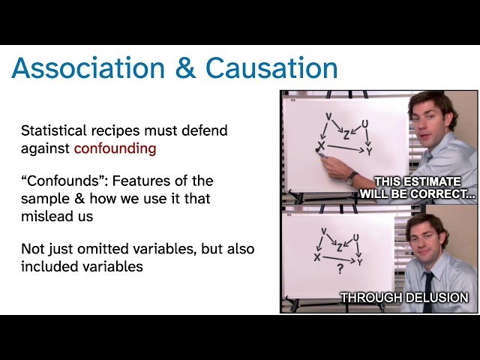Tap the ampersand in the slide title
186,68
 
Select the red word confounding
115,148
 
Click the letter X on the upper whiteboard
321,145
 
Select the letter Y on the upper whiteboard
368,151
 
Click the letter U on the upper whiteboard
365,123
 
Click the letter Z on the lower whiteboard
340,247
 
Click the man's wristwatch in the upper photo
352,177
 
